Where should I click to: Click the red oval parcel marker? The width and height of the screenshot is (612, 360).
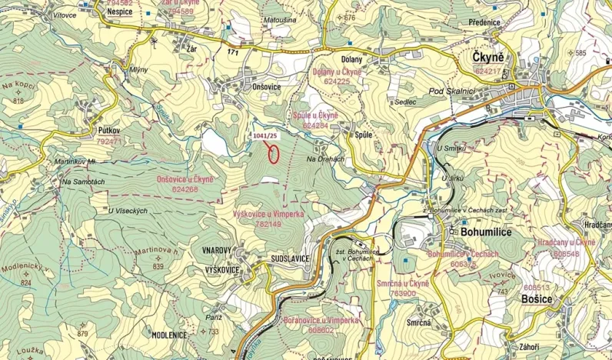coord(273,152)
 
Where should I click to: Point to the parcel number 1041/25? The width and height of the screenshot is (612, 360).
coord(265,135)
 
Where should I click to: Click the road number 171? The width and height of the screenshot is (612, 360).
coord(234,52)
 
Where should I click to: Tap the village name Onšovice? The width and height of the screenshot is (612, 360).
coord(266,88)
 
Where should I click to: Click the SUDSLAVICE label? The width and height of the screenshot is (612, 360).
coord(290,259)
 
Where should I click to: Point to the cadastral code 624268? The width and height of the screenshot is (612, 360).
coord(185,189)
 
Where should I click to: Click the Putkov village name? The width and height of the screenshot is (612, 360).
coord(111,132)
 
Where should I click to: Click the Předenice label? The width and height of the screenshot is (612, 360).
coord(481,22)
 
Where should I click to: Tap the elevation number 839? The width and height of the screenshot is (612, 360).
coord(158,266)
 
